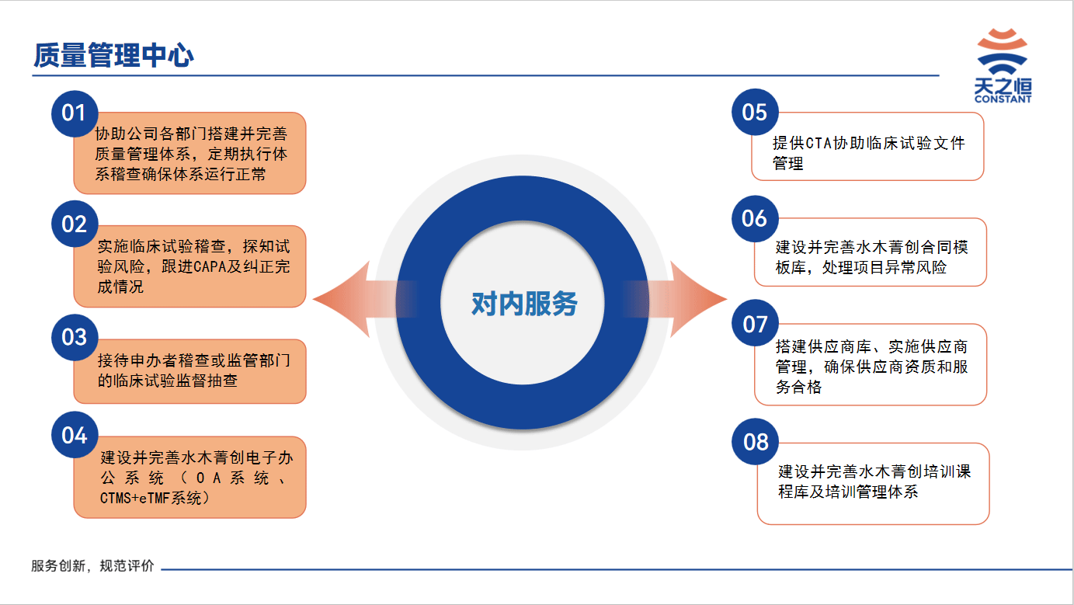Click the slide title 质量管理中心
tap(113, 54)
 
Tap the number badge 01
tap(75, 113)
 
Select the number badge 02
tap(75, 224)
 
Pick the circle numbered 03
tap(75, 337)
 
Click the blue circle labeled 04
tap(75, 435)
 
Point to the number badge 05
tap(755, 112)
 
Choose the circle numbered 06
tap(755, 218)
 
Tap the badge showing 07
tap(755, 324)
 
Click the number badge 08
tap(755, 442)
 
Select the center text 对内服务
tap(524, 304)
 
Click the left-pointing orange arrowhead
tap(342, 299)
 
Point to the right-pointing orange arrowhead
tap(698, 299)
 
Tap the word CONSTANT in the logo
tap(1003, 99)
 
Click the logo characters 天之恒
tap(1003, 86)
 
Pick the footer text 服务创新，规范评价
tap(92, 565)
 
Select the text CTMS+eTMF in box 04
tap(134, 498)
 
